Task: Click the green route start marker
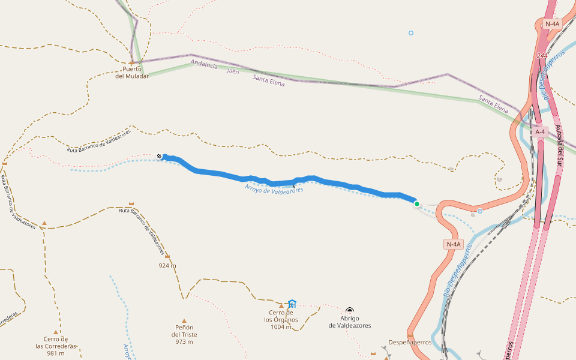click(417, 204)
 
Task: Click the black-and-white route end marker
click(160, 157)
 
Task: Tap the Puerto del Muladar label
click(132, 72)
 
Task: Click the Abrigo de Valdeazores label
click(350, 322)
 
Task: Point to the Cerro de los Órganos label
click(281, 319)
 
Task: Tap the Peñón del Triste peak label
click(184, 334)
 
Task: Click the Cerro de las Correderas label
click(56, 346)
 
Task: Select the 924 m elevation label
click(167, 265)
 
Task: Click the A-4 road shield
click(540, 132)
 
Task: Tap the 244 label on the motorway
click(542, 56)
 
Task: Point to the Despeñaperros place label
click(410, 343)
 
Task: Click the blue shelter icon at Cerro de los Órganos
click(292, 304)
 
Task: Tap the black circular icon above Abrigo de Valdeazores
click(350, 311)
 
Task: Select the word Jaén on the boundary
click(233, 71)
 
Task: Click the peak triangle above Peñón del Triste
click(184, 321)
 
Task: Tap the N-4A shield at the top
click(551, 24)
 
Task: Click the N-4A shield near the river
click(454, 244)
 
